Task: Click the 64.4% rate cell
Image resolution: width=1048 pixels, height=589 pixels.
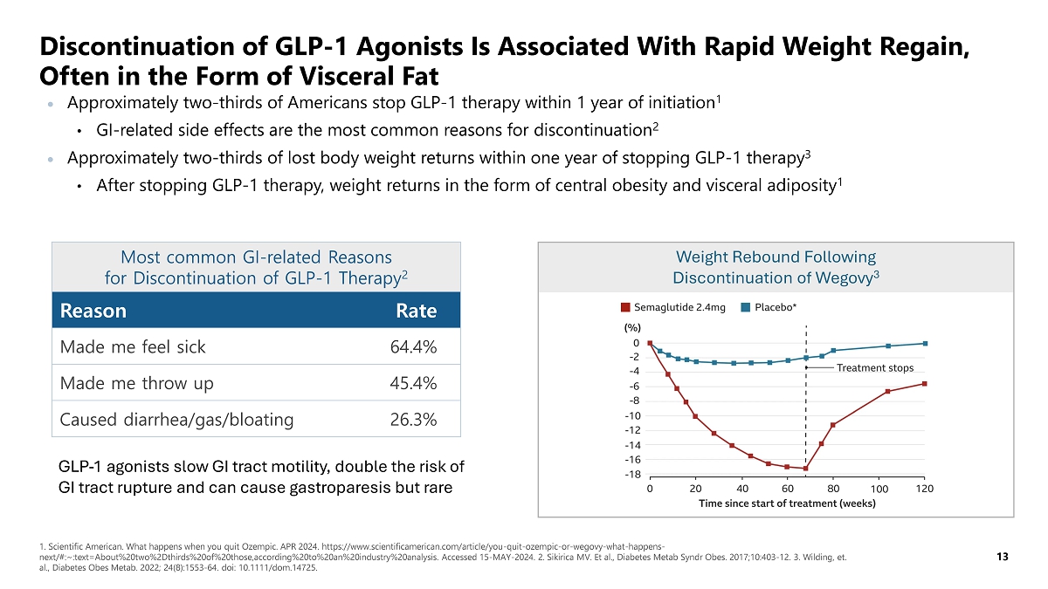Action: (413, 347)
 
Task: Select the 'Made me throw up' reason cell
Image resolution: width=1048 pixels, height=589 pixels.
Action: (137, 384)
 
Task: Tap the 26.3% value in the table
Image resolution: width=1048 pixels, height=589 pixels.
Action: (413, 420)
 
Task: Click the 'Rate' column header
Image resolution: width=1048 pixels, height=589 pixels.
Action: (416, 311)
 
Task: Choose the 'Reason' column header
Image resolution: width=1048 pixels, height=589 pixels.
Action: (93, 311)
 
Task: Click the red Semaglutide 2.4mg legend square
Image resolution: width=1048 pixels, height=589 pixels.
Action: (625, 307)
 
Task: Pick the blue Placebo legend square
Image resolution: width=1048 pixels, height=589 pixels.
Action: (746, 307)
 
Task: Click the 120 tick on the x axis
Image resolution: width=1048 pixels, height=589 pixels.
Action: (925, 489)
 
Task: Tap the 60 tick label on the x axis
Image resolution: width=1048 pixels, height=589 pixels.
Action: (787, 489)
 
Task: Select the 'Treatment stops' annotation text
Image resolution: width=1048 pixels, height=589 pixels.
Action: (875, 368)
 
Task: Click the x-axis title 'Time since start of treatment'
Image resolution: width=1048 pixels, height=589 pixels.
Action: (787, 503)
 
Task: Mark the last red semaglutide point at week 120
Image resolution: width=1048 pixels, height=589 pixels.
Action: (924, 384)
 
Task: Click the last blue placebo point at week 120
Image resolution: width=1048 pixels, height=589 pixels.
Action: (925, 343)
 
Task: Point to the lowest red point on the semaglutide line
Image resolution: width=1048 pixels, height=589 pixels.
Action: (805, 469)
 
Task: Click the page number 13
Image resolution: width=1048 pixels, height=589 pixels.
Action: (1002, 555)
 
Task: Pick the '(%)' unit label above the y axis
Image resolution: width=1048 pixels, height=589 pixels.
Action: (631, 328)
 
